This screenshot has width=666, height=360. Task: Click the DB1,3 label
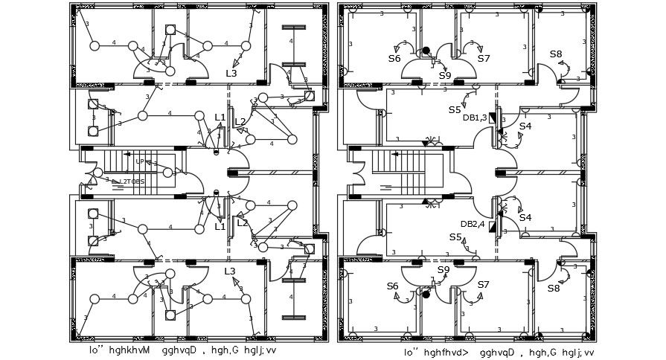click(x=474, y=118)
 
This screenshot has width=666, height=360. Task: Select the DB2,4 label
click(x=472, y=224)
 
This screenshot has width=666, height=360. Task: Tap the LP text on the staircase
click(x=139, y=161)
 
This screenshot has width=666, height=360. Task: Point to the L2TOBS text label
click(x=132, y=181)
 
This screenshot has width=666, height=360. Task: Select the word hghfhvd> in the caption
click(x=446, y=353)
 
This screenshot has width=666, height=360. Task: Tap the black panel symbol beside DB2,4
click(x=492, y=224)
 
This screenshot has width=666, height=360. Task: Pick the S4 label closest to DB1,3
click(x=525, y=126)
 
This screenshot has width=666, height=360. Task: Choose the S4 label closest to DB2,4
click(x=525, y=217)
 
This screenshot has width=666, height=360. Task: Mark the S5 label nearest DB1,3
click(x=455, y=109)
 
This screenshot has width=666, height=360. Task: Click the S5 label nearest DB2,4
click(x=455, y=237)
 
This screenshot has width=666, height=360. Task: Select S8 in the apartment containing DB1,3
click(x=556, y=54)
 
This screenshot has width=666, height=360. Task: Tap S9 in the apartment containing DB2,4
click(x=444, y=269)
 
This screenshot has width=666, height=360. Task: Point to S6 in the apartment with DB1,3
click(x=394, y=58)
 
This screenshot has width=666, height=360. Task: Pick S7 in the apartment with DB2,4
click(x=484, y=285)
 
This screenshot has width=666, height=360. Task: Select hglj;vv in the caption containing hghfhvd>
click(x=578, y=353)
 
